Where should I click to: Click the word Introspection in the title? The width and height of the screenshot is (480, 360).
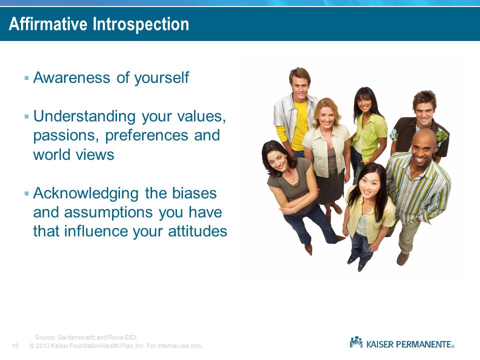click(141, 24)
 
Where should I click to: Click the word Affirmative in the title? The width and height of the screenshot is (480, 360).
click(48, 24)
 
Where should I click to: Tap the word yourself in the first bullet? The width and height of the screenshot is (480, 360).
click(161, 77)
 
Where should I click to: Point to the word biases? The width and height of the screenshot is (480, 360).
click(194, 193)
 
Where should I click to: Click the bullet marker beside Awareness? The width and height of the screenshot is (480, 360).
click(26, 78)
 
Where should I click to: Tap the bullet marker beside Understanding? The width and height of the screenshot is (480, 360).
click(26, 116)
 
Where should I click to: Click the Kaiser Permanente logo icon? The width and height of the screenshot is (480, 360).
click(356, 342)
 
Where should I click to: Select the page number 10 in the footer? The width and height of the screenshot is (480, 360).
click(15, 346)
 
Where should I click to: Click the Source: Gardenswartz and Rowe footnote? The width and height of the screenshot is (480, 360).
click(85, 337)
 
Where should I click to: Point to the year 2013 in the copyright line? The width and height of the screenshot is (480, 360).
click(42, 346)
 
